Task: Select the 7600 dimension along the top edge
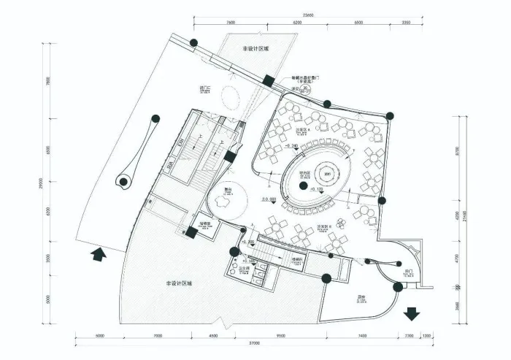pyautogui.click(x=231, y=23)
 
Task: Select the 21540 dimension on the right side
pyautogui.click(x=474, y=219)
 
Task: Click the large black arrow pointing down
pyautogui.click(x=412, y=313)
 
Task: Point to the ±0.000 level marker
pyautogui.click(x=269, y=198)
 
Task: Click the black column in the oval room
pyautogui.click(x=301, y=185)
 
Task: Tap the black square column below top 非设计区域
pyautogui.click(x=269, y=81)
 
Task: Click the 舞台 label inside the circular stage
pyautogui.click(x=228, y=189)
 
